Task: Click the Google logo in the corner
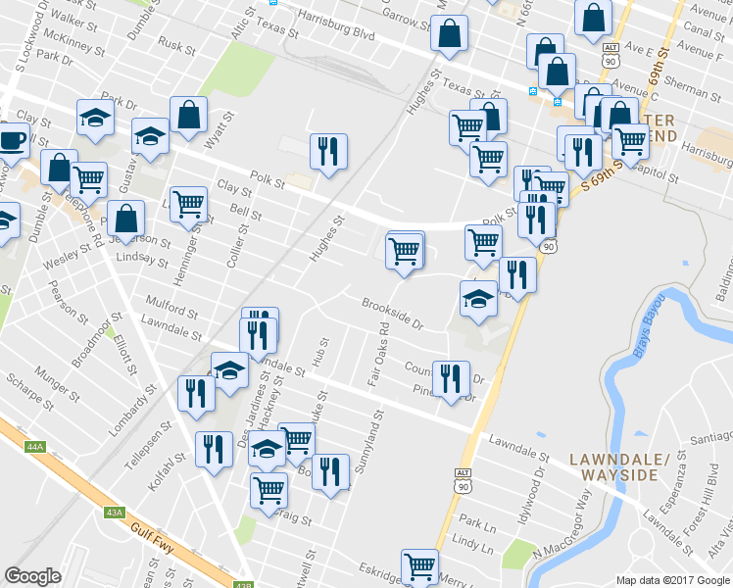click(33, 576)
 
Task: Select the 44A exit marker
click(36, 447)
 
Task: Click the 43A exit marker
click(115, 513)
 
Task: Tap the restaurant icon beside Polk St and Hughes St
click(326, 151)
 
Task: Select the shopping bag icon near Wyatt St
click(187, 115)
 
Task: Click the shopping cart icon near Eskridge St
click(419, 565)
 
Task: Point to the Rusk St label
click(176, 46)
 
